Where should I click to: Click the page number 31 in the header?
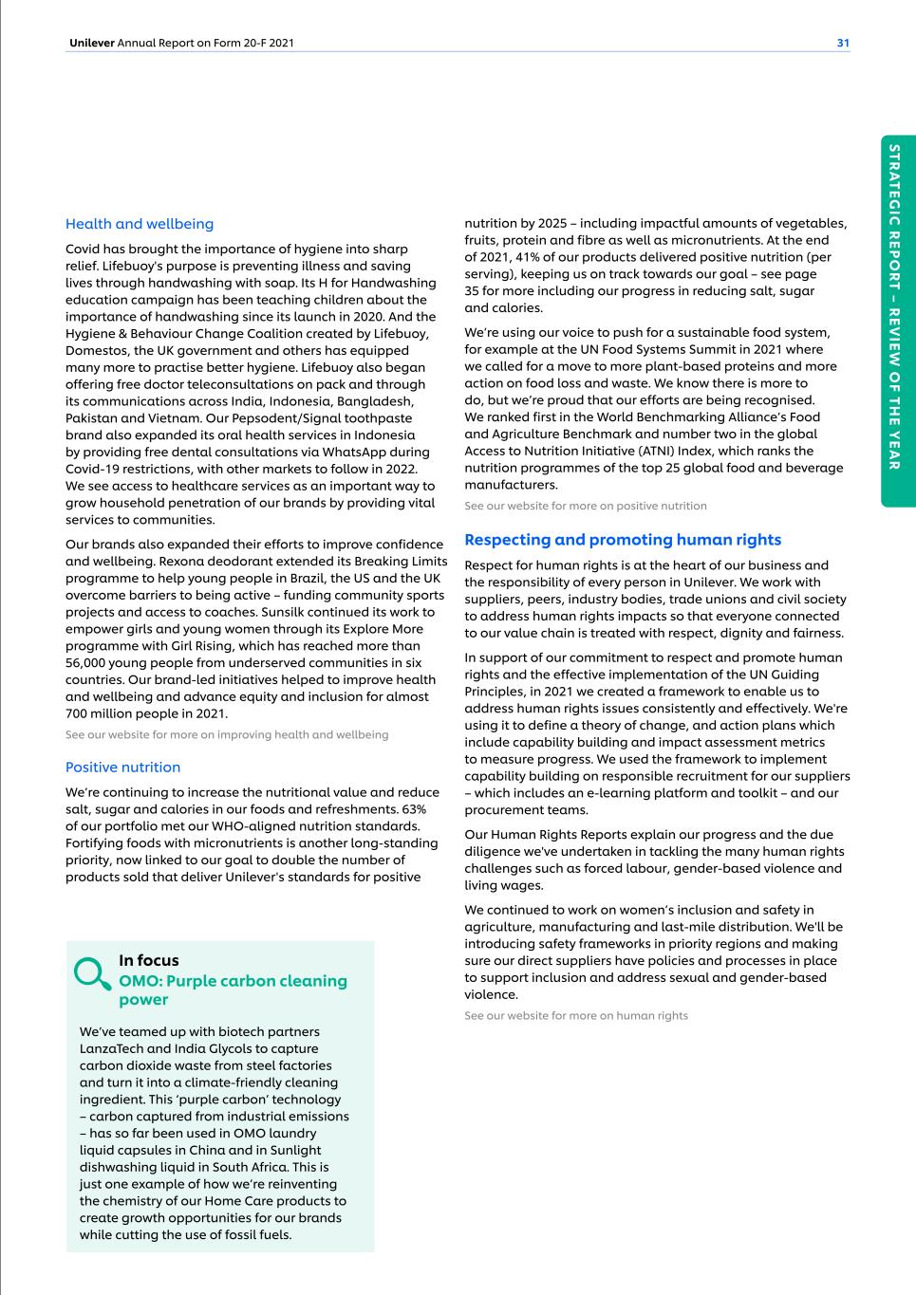point(843,43)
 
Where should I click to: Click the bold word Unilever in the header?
point(92,43)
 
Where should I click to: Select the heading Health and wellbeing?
point(140,224)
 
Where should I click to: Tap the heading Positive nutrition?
point(122,767)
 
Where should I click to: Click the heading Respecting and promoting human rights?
point(623,540)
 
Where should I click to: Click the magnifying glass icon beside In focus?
point(92,972)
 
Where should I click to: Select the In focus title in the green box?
point(149,960)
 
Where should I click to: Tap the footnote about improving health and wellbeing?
point(227,734)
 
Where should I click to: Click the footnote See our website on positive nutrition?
point(585,506)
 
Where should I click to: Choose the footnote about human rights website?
point(575,1015)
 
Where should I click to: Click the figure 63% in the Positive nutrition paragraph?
point(414,809)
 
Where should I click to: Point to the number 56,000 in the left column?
point(90,662)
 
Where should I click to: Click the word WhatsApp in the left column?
point(358,452)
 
